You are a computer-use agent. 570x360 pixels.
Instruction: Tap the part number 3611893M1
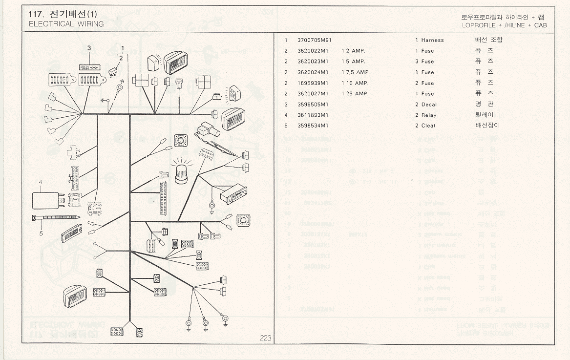313,115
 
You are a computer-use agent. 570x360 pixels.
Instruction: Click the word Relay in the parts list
429,115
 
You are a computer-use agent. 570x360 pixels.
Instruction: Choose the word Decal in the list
429,105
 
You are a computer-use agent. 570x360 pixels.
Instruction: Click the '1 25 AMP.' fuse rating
355,94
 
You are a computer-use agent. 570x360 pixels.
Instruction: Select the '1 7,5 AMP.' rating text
356,72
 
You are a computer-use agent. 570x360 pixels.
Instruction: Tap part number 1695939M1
313,83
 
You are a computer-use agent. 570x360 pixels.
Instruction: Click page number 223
265,338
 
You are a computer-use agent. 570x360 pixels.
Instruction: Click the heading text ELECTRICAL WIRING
66,24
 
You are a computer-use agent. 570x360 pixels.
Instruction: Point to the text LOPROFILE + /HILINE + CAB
504,25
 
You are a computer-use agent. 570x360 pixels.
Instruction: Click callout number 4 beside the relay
41,182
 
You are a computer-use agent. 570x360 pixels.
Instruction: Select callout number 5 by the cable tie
41,233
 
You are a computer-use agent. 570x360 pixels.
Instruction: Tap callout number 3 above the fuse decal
89,48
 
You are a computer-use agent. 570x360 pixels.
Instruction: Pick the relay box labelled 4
45,200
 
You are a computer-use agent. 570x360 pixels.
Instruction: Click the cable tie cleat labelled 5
56,217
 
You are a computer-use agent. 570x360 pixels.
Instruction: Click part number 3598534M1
313,126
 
